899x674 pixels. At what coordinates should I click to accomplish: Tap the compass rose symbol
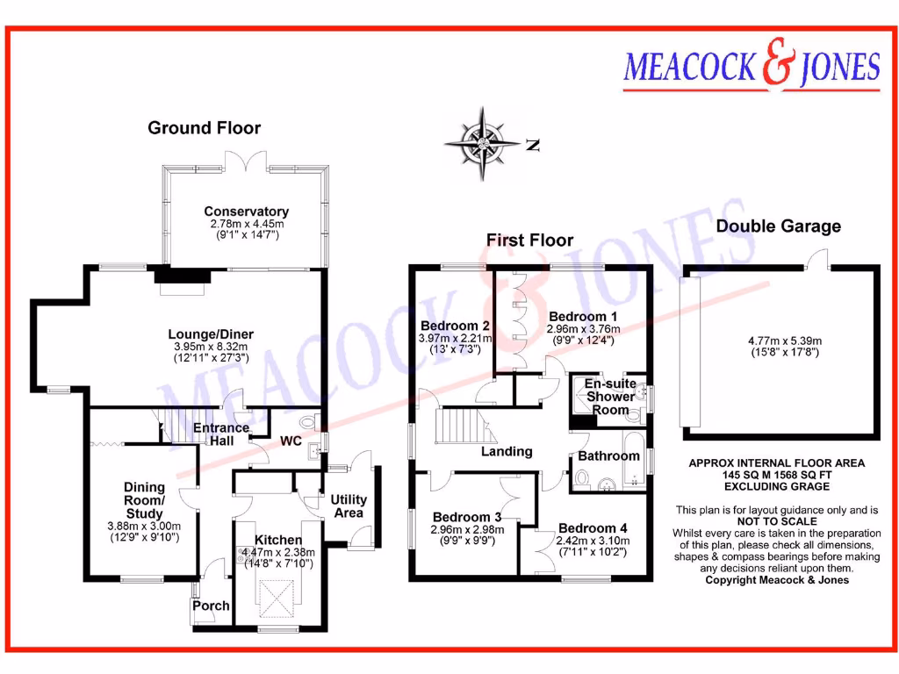482,143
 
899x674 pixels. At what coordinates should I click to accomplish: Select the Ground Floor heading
204,128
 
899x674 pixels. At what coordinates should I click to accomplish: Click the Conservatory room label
246,212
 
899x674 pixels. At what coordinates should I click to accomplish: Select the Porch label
211,606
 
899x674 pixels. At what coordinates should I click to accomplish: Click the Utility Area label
349,505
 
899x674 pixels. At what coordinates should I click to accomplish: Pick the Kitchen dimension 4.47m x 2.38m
278,552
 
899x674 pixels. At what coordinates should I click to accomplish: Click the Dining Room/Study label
143,500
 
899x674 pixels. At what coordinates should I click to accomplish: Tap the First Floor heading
529,240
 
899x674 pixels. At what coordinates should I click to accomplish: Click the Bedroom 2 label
455,325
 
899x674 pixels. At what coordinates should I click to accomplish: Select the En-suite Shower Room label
610,397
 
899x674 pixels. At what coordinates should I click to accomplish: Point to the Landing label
507,451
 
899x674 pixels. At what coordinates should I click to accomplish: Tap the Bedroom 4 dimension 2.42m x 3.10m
593,541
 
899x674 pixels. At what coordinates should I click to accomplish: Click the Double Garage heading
778,226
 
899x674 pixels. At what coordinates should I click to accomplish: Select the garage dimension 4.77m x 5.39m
778,341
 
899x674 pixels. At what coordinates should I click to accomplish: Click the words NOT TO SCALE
777,521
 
